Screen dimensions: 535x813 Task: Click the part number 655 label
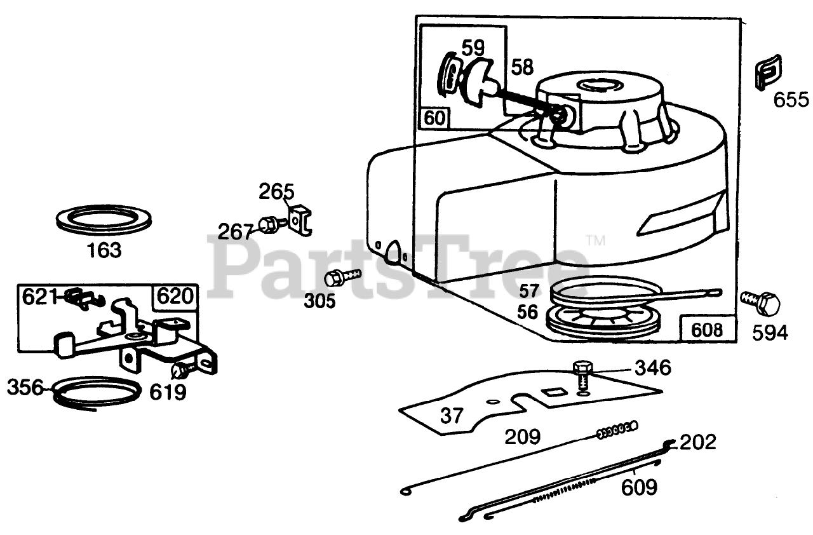point(791,100)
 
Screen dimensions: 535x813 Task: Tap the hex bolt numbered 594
point(761,304)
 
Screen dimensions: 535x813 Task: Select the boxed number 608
point(707,329)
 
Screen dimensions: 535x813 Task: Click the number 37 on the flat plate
point(452,416)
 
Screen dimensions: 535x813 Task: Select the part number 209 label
point(522,437)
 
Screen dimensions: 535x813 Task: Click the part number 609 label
point(639,487)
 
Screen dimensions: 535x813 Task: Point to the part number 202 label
point(697,442)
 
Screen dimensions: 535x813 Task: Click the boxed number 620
point(173,297)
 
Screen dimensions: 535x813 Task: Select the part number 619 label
point(168,392)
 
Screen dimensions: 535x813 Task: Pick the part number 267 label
point(236,231)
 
